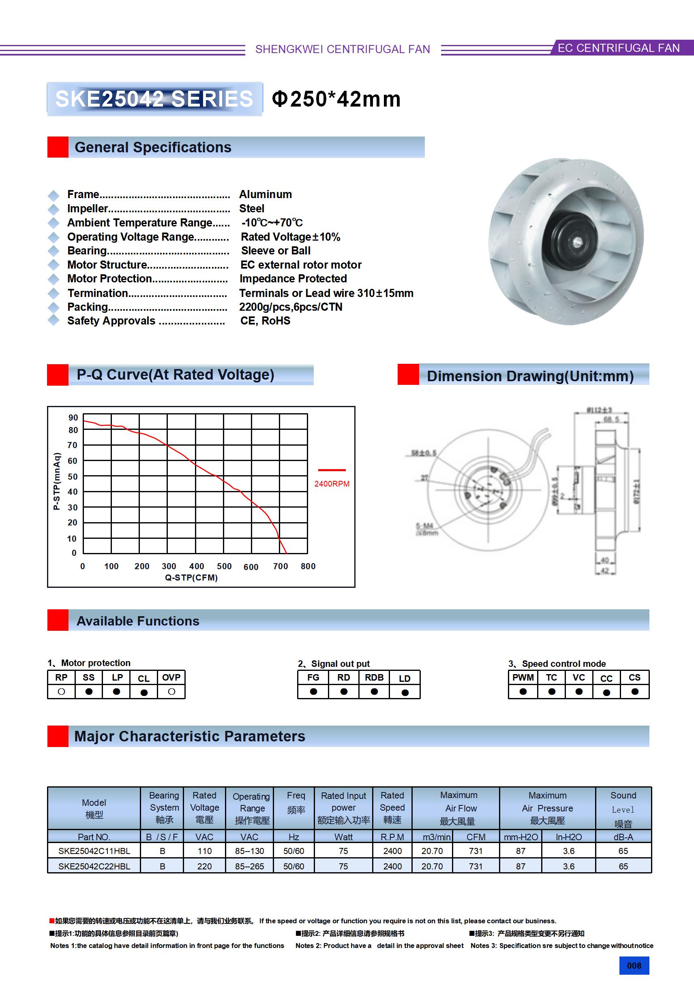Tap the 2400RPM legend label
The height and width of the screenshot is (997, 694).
[332, 484]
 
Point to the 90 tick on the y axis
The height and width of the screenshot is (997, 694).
[73, 417]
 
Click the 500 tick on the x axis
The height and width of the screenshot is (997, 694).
[224, 566]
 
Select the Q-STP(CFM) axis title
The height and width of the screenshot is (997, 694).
[191, 578]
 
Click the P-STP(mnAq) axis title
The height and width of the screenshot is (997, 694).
[56, 481]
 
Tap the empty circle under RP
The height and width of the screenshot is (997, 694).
[61, 692]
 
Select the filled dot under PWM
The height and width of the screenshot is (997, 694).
[523, 692]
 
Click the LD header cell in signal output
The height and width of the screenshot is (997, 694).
[405, 678]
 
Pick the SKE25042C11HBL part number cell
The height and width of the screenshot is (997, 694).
[94, 851]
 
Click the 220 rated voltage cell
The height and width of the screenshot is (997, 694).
[204, 866]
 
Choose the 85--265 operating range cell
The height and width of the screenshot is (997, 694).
[249, 866]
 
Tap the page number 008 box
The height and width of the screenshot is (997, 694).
[634, 965]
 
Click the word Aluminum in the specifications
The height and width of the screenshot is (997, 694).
[266, 194]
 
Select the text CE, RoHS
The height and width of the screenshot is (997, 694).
[265, 320]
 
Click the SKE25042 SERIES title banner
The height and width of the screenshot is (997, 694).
[154, 99]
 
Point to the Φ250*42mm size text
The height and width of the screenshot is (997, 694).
[336, 99]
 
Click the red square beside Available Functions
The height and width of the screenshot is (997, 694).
[58, 620]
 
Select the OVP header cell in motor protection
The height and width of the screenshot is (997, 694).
[171, 677]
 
